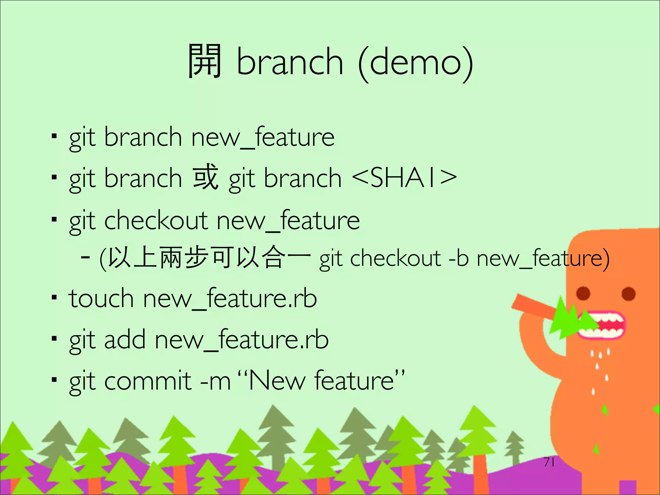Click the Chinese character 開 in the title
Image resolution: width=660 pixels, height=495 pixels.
point(205,61)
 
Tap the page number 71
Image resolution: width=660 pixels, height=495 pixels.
point(549,462)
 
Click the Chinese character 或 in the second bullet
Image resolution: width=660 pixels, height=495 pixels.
point(206,177)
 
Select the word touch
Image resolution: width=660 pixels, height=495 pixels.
point(101,298)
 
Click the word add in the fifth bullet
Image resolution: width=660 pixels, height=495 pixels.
point(125,340)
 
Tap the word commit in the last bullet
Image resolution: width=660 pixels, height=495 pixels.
point(148,381)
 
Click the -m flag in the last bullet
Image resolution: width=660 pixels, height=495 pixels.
point(215,382)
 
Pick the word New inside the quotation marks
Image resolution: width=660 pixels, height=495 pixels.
point(277,381)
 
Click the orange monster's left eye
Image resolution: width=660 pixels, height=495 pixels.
point(583,293)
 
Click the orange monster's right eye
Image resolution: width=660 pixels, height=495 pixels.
point(628,294)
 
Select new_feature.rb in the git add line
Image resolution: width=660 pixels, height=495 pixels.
point(242,340)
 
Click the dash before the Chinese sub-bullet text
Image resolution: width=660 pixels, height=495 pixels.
point(85,258)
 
